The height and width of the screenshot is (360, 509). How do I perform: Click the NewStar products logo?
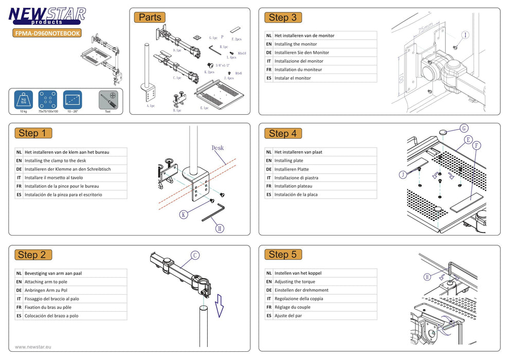47,15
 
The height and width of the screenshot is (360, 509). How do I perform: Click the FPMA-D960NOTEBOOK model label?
47,33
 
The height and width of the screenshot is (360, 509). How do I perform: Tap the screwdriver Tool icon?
107,99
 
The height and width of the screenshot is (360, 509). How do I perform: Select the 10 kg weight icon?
23,99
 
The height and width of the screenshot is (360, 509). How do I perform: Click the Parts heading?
150,17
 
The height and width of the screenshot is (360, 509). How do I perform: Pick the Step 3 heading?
282,17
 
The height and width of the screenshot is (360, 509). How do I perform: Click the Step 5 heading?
282,254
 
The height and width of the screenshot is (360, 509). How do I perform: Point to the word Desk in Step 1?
217,148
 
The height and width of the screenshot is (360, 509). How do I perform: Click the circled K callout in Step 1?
183,214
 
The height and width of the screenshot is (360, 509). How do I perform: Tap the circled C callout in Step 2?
195,255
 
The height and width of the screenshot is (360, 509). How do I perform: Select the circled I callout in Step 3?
465,35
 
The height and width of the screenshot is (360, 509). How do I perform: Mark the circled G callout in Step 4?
464,128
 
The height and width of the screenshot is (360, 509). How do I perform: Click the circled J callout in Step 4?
403,175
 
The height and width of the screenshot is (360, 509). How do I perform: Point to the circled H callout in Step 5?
427,277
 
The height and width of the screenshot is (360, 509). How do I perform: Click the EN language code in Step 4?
269,160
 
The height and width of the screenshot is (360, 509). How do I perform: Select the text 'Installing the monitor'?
296,44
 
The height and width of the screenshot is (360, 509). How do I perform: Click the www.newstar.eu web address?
33,347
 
